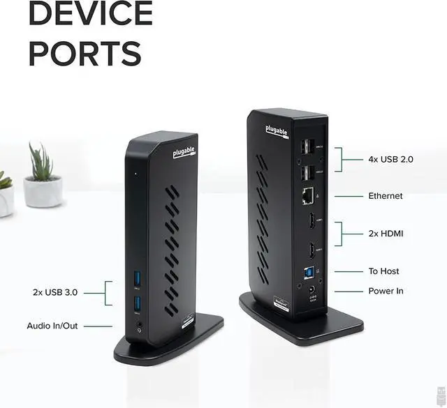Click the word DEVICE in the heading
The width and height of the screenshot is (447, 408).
90,13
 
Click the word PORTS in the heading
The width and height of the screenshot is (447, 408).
85,54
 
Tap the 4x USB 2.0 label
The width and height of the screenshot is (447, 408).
390,159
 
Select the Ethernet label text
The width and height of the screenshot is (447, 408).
386,196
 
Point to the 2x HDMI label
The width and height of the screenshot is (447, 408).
386,234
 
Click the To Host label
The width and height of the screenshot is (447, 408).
384,271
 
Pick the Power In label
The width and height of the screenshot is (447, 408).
386,291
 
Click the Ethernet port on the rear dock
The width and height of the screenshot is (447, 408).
307,197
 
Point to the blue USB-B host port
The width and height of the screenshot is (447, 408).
307,272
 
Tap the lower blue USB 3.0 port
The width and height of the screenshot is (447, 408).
137,303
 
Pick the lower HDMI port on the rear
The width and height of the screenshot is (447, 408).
307,249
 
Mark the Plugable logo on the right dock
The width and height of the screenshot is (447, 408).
275,131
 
